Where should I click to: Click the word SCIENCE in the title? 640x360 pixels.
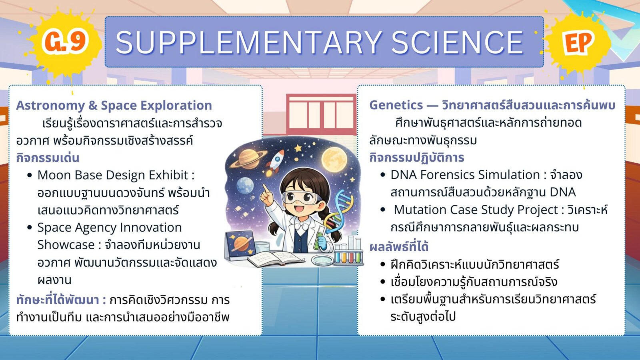(x=457, y=42)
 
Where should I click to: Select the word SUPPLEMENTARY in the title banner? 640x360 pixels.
(x=248, y=42)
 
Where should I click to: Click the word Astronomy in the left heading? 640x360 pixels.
(x=50, y=106)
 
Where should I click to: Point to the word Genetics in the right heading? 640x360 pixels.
(x=396, y=105)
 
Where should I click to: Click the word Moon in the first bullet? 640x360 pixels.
(x=54, y=175)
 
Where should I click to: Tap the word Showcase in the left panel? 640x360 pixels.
(x=66, y=245)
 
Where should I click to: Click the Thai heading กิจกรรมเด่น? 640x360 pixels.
(x=48, y=158)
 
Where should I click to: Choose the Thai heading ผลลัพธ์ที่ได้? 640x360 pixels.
(x=399, y=246)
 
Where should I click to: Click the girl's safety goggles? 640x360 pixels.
(x=300, y=198)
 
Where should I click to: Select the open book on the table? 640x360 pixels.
(x=276, y=258)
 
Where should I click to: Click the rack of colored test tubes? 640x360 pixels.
(x=348, y=253)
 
